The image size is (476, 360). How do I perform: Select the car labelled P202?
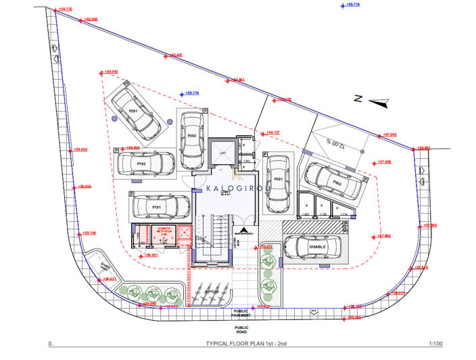click(193, 136)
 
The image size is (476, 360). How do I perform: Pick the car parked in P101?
click(160, 206)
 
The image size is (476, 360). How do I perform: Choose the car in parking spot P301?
click(278, 180)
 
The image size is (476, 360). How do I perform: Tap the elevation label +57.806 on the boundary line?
click(390, 135)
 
